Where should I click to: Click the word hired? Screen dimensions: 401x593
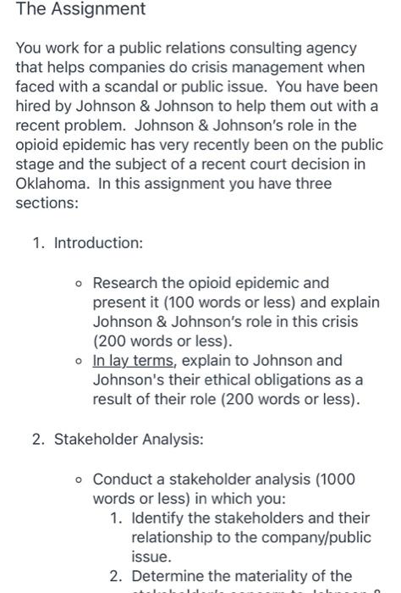tap(34, 106)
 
